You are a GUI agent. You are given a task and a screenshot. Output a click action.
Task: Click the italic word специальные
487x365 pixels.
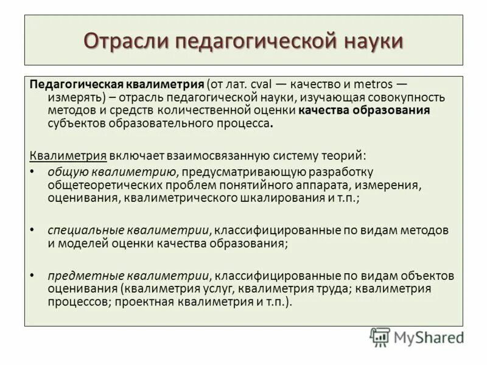tap(85, 231)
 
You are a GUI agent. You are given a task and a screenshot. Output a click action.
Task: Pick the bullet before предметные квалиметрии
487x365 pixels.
tap(33, 276)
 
